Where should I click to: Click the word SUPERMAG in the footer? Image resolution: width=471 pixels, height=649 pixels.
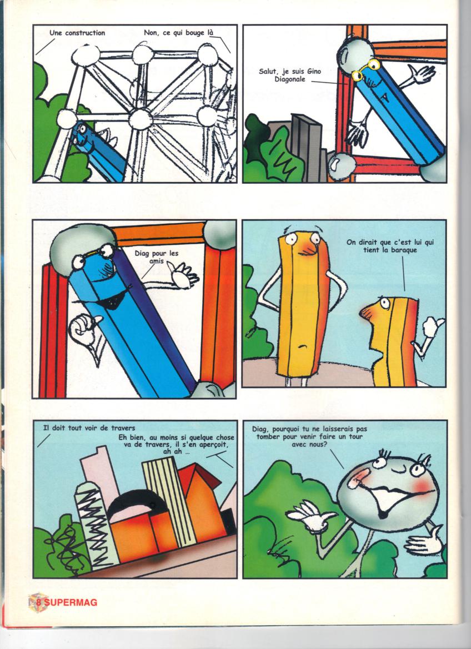[x=71, y=602]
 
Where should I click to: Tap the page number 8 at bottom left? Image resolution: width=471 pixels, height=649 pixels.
[x=38, y=602]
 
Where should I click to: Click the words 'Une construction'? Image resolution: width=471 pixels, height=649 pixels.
[x=77, y=33]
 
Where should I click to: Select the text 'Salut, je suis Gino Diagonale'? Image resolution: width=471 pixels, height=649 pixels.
[x=289, y=75]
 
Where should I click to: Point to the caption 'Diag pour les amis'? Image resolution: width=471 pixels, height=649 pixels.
[x=156, y=257]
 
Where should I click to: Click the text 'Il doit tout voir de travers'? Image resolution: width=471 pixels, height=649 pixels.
[x=89, y=428]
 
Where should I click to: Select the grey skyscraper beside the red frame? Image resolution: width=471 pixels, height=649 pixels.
[x=307, y=148]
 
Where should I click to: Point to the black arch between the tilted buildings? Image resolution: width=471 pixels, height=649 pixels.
[x=135, y=501]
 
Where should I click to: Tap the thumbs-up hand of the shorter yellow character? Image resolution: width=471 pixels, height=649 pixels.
[x=433, y=327]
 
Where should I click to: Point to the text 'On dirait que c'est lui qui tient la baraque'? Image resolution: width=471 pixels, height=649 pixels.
[x=390, y=246]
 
